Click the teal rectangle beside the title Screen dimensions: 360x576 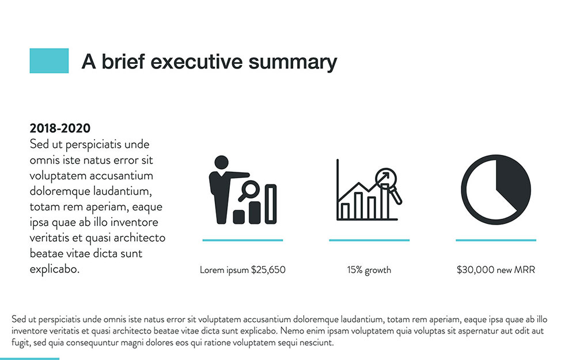point(49,60)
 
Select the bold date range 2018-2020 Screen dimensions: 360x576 point(60,128)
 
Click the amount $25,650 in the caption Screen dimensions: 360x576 point(268,270)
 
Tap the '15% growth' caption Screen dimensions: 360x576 point(369,270)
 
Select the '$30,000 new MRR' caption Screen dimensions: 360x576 point(495,270)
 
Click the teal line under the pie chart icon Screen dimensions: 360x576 point(495,240)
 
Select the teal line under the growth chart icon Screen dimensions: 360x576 point(369,240)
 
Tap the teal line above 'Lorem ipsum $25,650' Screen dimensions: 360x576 point(242,240)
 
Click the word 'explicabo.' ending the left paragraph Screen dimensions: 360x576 point(54,269)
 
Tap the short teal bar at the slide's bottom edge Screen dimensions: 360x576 point(29,358)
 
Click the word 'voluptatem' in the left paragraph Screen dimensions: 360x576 point(56,175)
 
